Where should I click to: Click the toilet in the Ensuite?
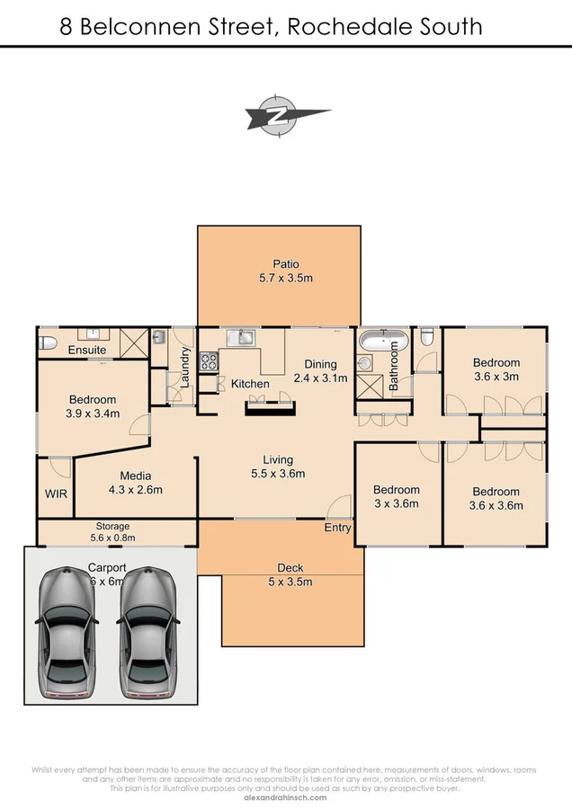[48, 342]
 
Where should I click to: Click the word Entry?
[337, 528]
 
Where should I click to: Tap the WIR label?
[55, 493]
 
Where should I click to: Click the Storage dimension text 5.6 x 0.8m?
[113, 538]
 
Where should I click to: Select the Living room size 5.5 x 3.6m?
[277, 474]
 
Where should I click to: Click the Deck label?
[290, 567]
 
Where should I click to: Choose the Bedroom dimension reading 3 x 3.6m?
[396, 503]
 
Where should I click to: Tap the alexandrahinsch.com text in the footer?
[285, 796]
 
